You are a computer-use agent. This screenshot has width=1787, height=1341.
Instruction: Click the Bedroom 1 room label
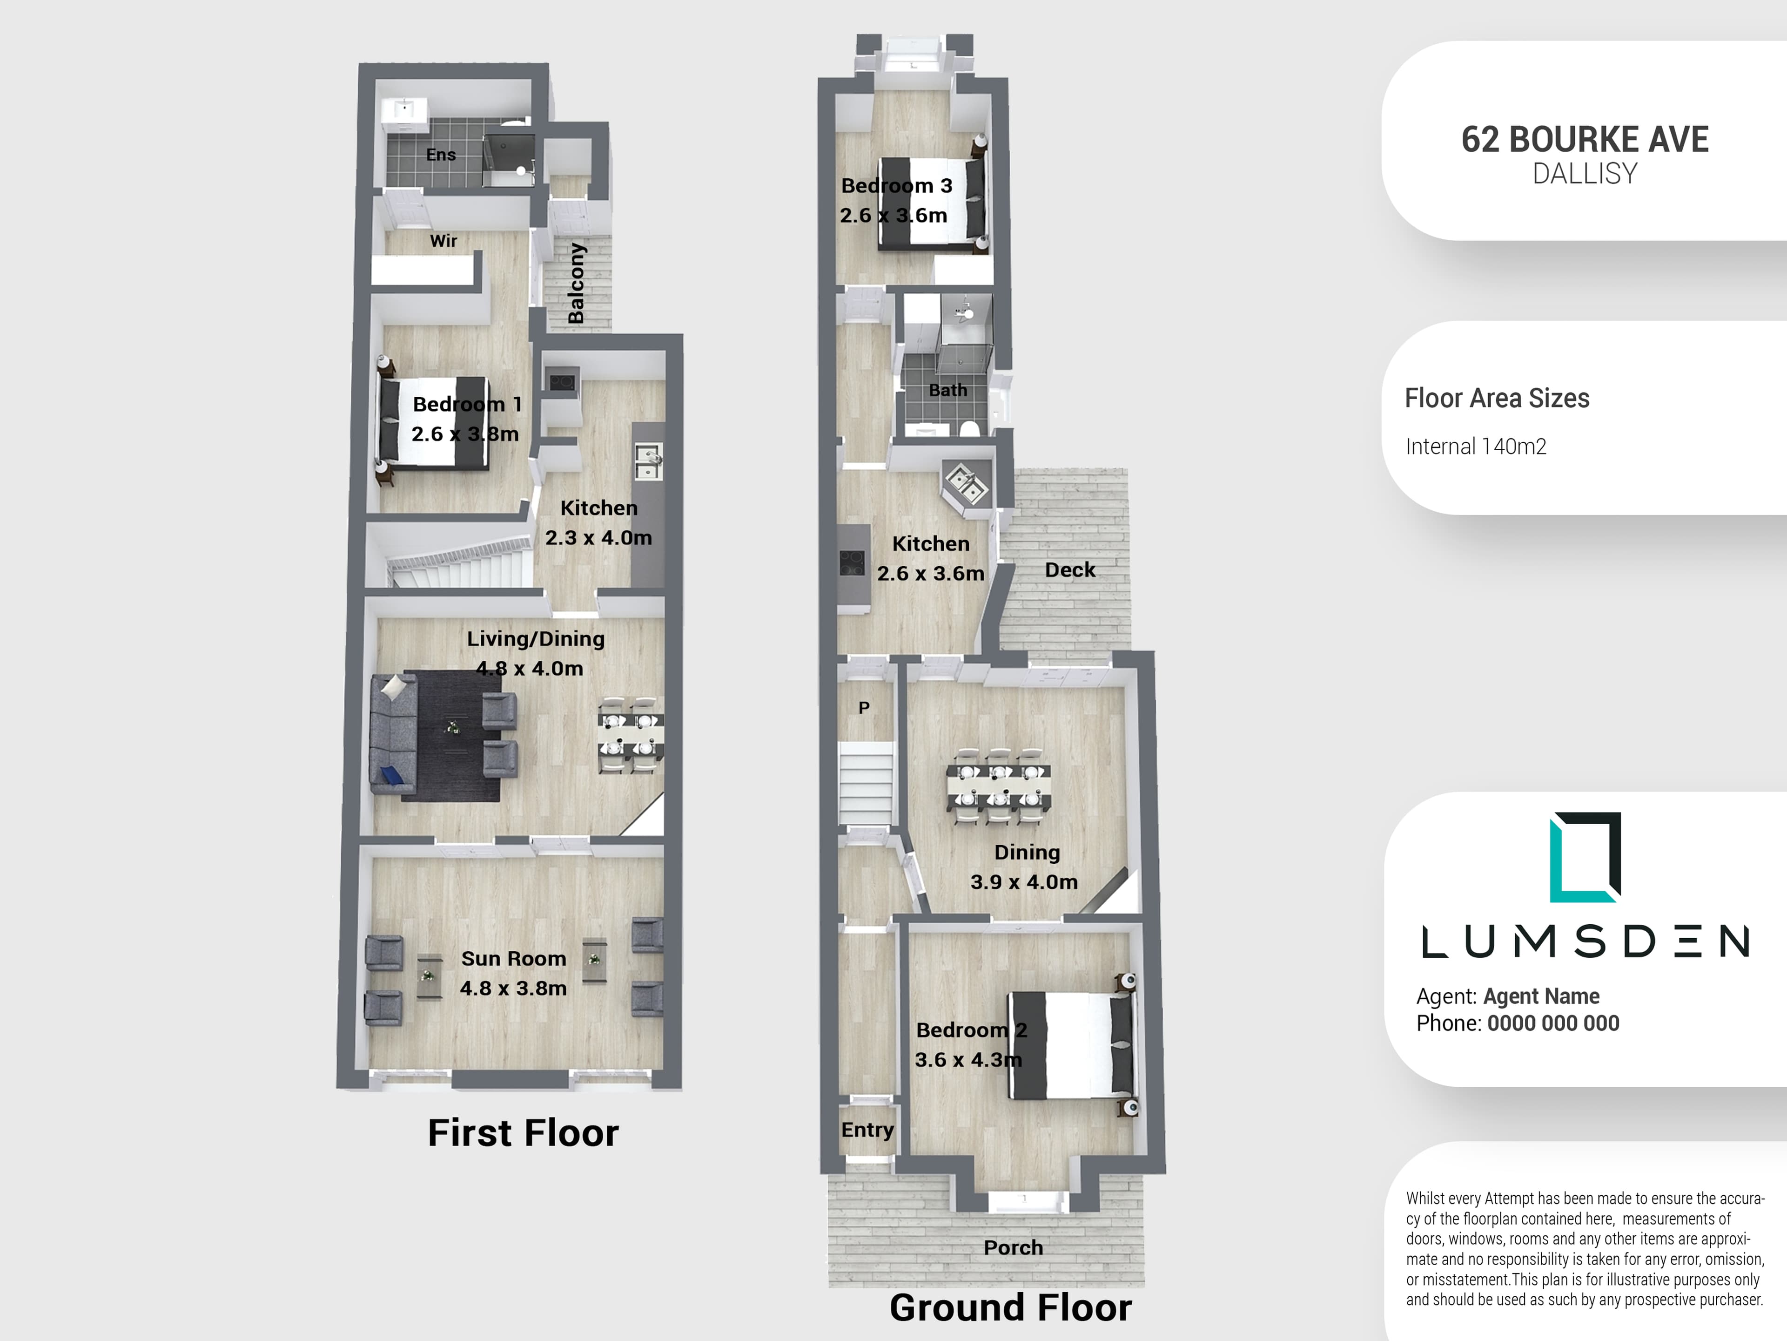(x=467, y=404)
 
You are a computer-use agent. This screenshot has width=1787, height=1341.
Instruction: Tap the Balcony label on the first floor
(x=576, y=284)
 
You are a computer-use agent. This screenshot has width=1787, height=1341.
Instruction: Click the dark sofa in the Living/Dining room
(x=393, y=734)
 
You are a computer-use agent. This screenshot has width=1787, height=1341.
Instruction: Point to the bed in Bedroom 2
(x=1070, y=1044)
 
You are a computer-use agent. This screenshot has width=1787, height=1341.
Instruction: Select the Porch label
(x=1013, y=1247)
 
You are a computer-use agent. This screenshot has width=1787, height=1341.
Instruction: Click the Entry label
(x=867, y=1130)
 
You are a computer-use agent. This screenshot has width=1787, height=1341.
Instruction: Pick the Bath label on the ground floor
(x=947, y=390)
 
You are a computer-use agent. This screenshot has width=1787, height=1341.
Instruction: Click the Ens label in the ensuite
(x=441, y=155)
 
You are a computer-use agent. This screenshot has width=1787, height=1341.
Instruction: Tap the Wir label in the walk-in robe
(x=443, y=241)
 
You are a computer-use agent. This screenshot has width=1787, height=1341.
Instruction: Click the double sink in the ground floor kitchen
(x=966, y=485)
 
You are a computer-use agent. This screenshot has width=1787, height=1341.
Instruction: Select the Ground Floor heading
(x=1011, y=1307)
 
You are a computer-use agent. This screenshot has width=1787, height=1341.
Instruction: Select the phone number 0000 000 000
(x=1553, y=1023)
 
